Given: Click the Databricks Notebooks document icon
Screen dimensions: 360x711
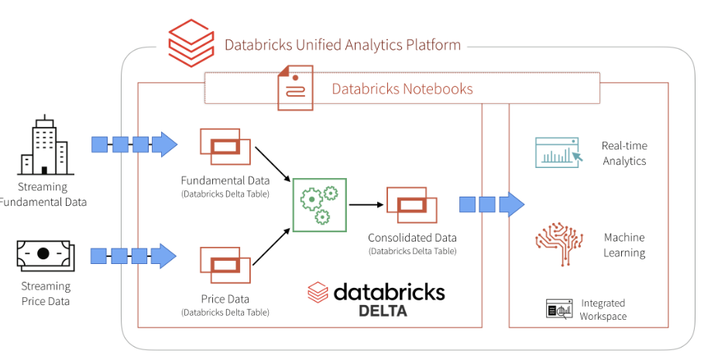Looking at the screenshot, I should [295, 89].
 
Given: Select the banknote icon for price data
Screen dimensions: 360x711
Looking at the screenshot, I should [43, 253].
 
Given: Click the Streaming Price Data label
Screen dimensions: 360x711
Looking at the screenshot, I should [44, 293].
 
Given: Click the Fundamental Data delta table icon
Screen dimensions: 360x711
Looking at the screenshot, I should [225, 146].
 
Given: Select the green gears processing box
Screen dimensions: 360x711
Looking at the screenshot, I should [319, 204].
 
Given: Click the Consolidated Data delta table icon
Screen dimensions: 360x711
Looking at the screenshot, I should [412, 204].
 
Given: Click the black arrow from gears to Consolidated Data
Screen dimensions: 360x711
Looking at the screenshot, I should [367, 205].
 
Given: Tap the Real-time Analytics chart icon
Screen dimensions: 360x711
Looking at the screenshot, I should [558, 153].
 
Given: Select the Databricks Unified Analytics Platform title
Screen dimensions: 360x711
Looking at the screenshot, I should [342, 45].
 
